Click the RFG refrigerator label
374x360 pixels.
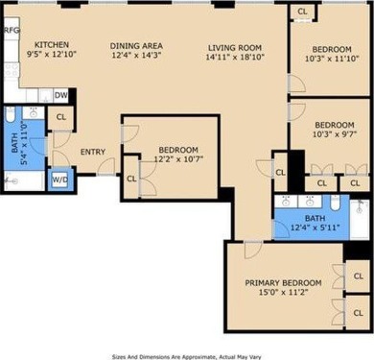coord(12,31)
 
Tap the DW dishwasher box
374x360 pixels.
coord(60,95)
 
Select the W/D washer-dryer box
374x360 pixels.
coord(60,179)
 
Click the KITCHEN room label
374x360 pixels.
coord(50,45)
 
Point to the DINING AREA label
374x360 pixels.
coord(135,45)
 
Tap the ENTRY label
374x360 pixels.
coord(93,152)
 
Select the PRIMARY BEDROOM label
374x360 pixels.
coord(283,282)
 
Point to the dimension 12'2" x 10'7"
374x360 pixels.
coord(178,160)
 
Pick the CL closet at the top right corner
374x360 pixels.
coord(301,11)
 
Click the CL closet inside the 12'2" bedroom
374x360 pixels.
coord(131,179)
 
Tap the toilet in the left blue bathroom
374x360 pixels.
coord(11,120)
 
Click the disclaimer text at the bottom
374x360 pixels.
coord(187,353)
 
